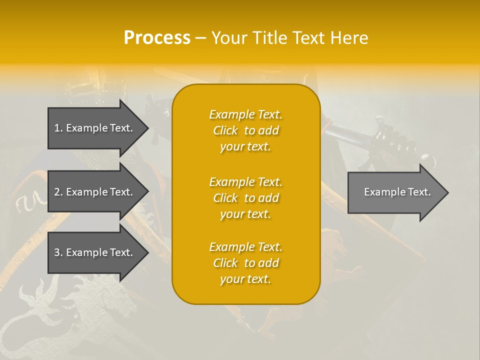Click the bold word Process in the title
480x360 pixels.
point(157,38)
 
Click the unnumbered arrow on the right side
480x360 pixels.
point(397,192)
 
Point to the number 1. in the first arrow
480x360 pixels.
point(58,128)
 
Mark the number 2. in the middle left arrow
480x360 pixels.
point(58,192)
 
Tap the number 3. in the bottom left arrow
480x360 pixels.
point(58,252)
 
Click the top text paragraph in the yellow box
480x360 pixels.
point(245,130)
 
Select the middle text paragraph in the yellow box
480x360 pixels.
point(245,198)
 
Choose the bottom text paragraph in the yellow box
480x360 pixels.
point(245,263)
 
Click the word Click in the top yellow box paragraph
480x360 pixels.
point(225,130)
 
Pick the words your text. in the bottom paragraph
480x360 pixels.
point(245,279)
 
